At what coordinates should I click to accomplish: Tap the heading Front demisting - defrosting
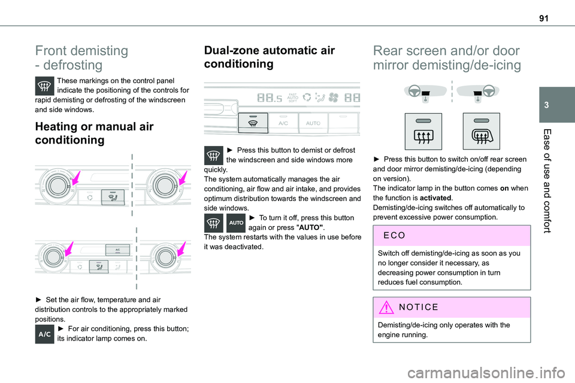pyautogui.click(x=81, y=58)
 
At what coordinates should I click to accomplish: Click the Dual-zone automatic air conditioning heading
pyautogui.click(x=270, y=57)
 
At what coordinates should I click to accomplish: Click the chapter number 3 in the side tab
pyautogui.click(x=562, y=104)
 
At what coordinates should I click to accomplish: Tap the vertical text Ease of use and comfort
pyautogui.click(x=561, y=180)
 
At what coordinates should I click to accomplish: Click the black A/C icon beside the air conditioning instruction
pyautogui.click(x=45, y=333)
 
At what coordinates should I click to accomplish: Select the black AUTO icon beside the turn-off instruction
pyautogui.click(x=236, y=222)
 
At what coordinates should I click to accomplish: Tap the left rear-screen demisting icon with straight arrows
pyautogui.click(x=423, y=132)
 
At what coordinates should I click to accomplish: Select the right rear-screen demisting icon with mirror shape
pyautogui.click(x=482, y=132)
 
